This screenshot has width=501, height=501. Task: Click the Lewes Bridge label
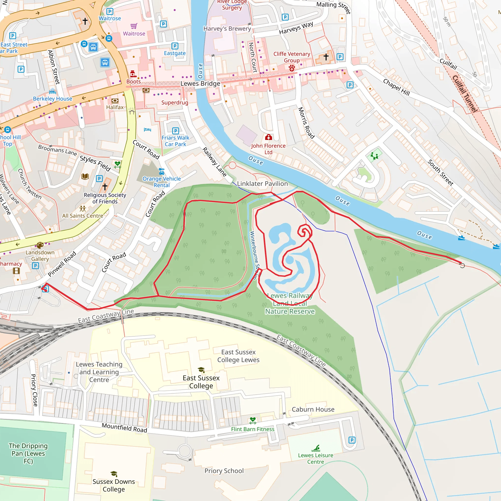[200, 83]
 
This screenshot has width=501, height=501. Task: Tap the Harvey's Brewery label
[227, 29]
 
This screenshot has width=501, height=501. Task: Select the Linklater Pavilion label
[262, 184]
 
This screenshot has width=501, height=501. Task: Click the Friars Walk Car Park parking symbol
[176, 131]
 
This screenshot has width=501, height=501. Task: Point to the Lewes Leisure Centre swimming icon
[316, 448]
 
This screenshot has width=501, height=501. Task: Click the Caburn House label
[313, 410]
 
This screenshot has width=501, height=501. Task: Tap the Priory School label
[224, 471]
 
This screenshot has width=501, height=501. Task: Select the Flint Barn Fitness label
[252, 429]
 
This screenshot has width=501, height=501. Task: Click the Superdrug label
[175, 102]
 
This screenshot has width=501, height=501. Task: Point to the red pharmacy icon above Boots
[133, 74]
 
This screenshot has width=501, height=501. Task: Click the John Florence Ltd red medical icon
[268, 137]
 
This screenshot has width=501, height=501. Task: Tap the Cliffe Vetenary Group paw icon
[292, 68]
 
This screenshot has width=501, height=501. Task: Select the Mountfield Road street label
[125, 427]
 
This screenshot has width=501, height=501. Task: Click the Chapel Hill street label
[397, 87]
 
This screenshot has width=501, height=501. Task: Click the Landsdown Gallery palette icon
[40, 245]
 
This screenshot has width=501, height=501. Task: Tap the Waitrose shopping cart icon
[134, 26]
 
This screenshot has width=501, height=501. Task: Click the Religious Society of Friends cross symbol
[105, 186]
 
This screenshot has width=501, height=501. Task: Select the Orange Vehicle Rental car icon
[161, 171]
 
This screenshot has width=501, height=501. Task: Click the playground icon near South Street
[374, 156]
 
